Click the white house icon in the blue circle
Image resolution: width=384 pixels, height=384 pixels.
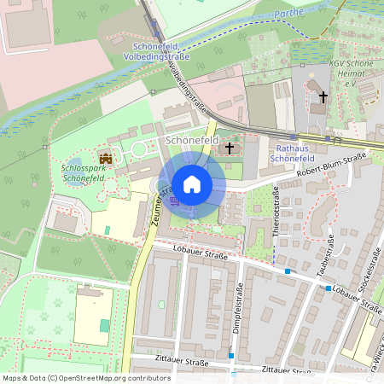point(192,183)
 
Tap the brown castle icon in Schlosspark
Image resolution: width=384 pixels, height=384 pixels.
point(106,158)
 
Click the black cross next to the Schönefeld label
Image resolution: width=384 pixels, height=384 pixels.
point(229,148)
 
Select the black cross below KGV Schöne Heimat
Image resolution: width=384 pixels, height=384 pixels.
point(323,97)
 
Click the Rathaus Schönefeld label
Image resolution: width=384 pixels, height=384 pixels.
point(294,153)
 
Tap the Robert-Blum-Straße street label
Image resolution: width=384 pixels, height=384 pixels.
point(331,166)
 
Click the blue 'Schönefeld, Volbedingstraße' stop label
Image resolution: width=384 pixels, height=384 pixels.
point(162,49)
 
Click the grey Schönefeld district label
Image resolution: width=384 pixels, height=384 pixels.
point(193,139)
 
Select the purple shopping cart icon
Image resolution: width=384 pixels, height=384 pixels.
point(174,201)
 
